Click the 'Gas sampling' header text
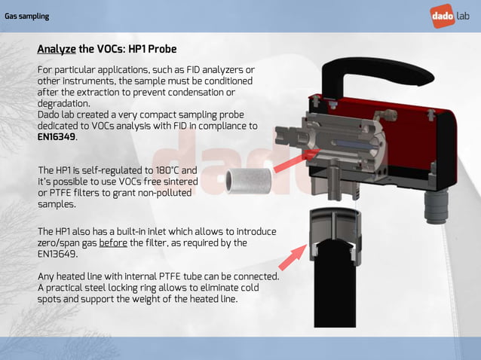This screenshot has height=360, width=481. tap(27, 16)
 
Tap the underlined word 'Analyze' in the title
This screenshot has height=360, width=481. tap(57, 50)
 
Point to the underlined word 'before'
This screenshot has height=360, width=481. tap(113, 243)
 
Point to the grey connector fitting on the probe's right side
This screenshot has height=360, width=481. tap(437, 204)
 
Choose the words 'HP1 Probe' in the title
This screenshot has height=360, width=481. tap(152, 50)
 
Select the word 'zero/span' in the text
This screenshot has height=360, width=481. tap(60, 243)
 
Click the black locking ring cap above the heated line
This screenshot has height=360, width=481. tap(333, 227)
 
